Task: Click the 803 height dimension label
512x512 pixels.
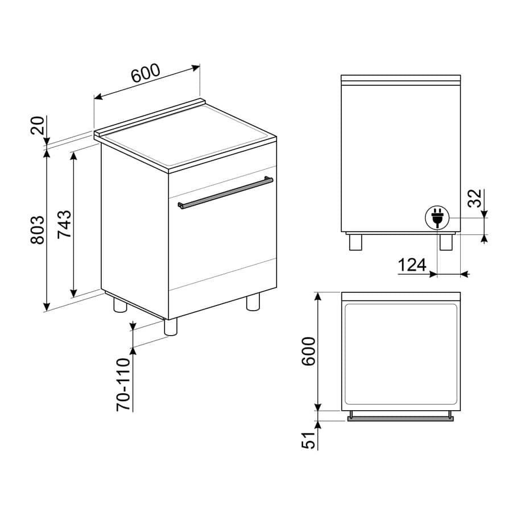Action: coord(37,230)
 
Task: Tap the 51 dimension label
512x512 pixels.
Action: coord(308,440)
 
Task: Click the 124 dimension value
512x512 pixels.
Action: coord(412,265)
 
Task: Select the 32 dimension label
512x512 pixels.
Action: coord(476,198)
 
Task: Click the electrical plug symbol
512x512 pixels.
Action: coord(437,218)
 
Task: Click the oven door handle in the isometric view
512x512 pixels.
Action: coord(225,193)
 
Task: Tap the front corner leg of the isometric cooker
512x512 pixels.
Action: coord(170,326)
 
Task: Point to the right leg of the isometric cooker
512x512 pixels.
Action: coord(253,302)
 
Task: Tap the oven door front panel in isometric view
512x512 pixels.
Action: coord(222,250)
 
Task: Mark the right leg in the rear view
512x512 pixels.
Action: coord(445,241)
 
